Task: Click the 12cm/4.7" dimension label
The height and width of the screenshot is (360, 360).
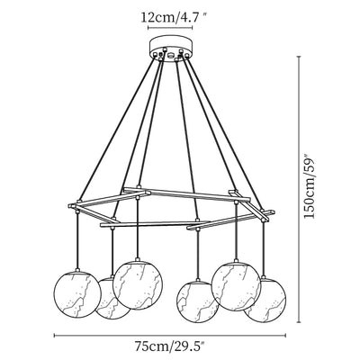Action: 175,18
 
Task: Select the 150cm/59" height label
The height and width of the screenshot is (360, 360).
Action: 310,186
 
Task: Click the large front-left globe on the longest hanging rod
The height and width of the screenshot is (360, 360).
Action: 138,285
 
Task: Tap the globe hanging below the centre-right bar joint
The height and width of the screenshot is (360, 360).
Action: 197,301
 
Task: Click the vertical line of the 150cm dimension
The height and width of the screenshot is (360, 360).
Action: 299,190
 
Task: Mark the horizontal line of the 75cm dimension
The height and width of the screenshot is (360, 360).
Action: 170,336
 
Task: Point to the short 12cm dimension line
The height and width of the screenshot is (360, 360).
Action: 170,27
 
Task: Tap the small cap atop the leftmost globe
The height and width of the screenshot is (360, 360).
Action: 77,270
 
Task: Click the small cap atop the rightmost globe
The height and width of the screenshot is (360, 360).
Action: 264,276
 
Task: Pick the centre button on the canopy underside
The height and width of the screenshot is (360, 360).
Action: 171,55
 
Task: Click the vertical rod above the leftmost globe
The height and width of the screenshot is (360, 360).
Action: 77,240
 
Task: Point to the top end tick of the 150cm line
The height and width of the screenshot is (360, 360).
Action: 299,57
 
